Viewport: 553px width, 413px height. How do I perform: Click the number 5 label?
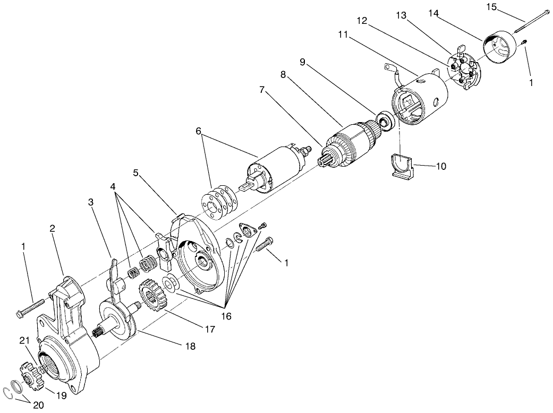[x=137, y=173]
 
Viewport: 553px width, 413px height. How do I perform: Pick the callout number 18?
[x=190, y=346]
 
